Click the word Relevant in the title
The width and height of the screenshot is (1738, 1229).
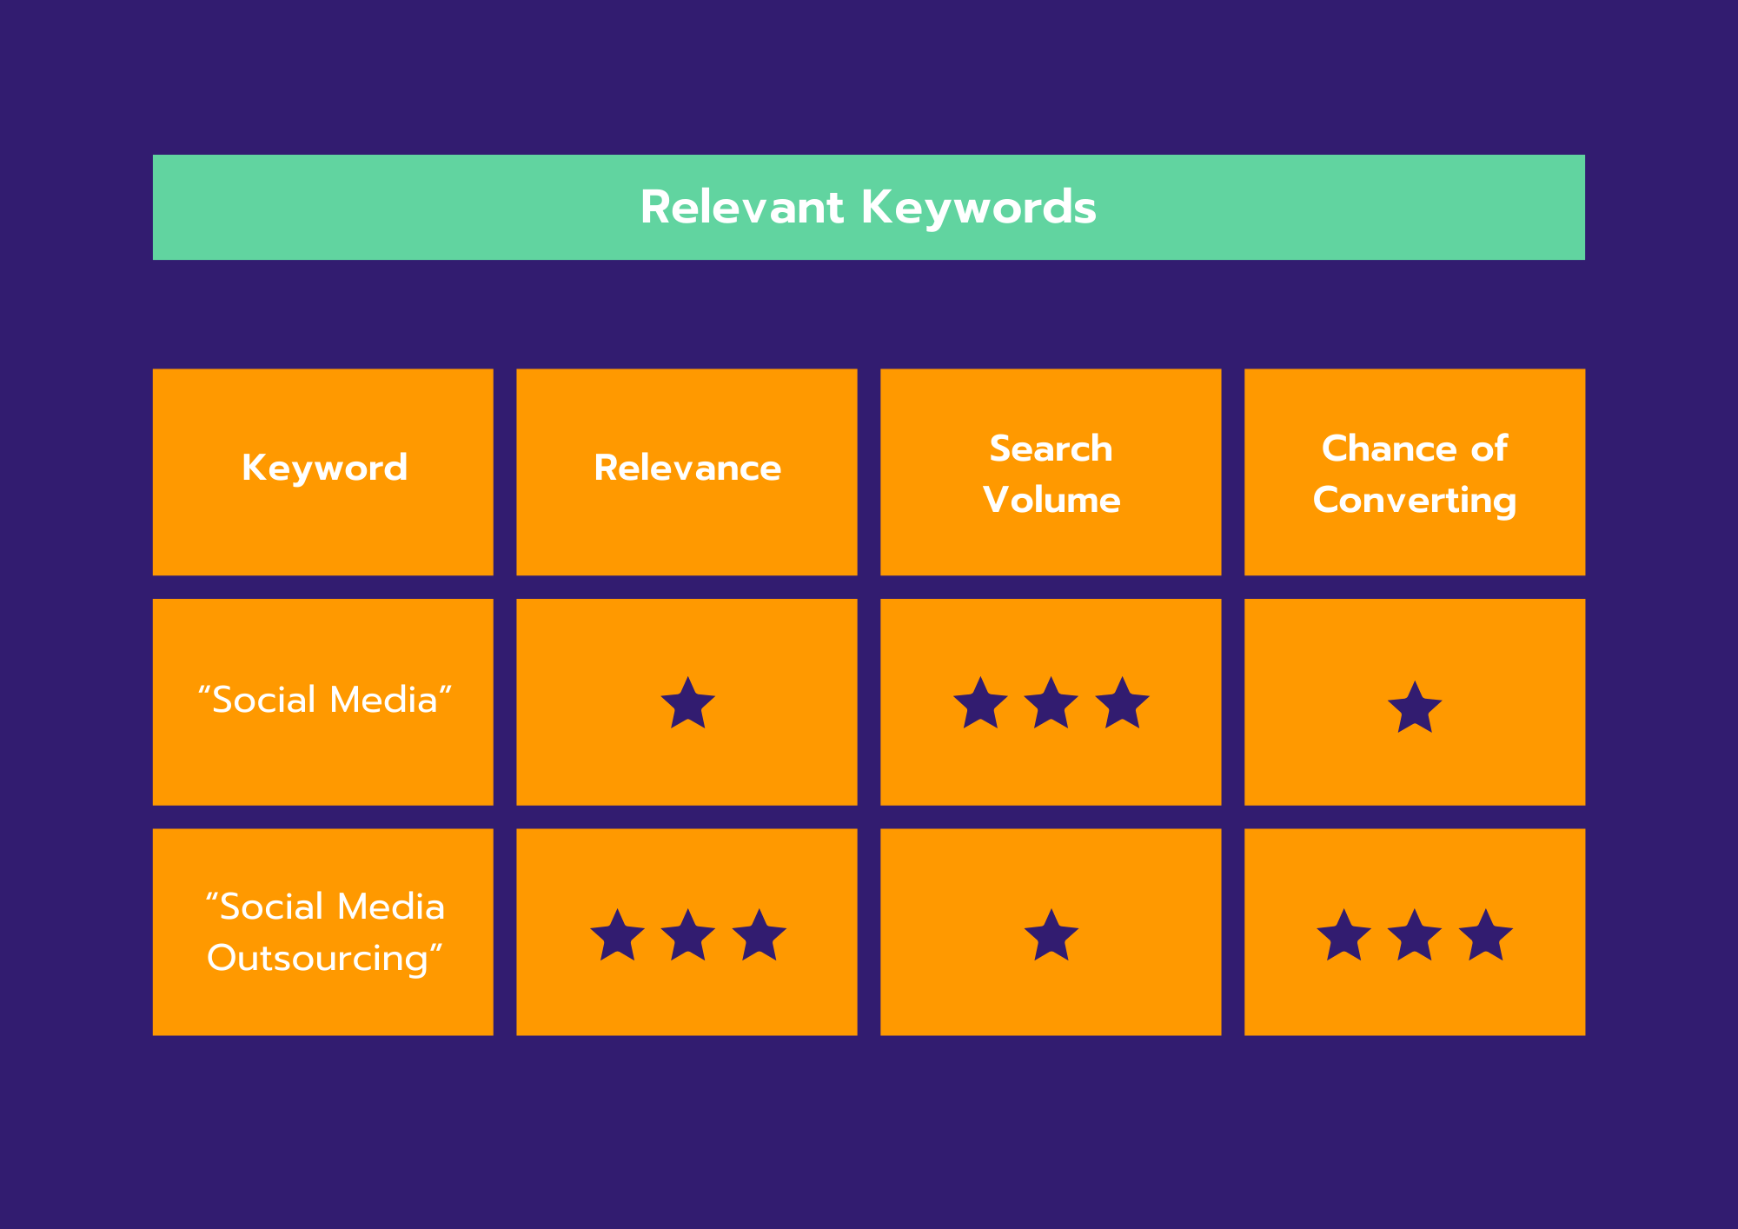(x=742, y=208)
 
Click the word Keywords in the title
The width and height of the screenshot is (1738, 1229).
(x=978, y=208)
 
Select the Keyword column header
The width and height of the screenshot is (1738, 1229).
(x=324, y=468)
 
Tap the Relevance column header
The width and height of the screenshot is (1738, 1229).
(x=687, y=468)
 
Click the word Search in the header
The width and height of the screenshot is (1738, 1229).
(x=1051, y=448)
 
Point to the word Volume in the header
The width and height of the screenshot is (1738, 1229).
(x=1051, y=500)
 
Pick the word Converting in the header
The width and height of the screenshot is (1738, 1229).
(x=1415, y=502)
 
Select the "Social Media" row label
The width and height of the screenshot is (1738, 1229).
(x=324, y=700)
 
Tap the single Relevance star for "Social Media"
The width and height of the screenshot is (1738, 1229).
(x=687, y=702)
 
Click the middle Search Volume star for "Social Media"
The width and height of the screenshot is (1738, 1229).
(x=1051, y=702)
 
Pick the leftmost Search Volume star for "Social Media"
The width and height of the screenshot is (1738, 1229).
(x=980, y=702)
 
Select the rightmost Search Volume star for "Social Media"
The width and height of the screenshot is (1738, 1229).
(x=1122, y=702)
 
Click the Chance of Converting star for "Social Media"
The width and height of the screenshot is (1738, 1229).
(x=1415, y=707)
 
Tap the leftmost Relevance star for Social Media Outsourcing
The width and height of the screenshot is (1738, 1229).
(x=617, y=935)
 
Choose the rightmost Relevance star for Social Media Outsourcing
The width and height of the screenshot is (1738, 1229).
(x=759, y=935)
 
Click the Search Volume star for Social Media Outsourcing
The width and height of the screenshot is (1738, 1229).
(x=1051, y=935)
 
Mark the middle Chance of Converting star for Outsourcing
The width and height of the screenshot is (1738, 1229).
(x=1415, y=935)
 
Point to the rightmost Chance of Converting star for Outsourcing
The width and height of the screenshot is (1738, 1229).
(x=1485, y=935)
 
